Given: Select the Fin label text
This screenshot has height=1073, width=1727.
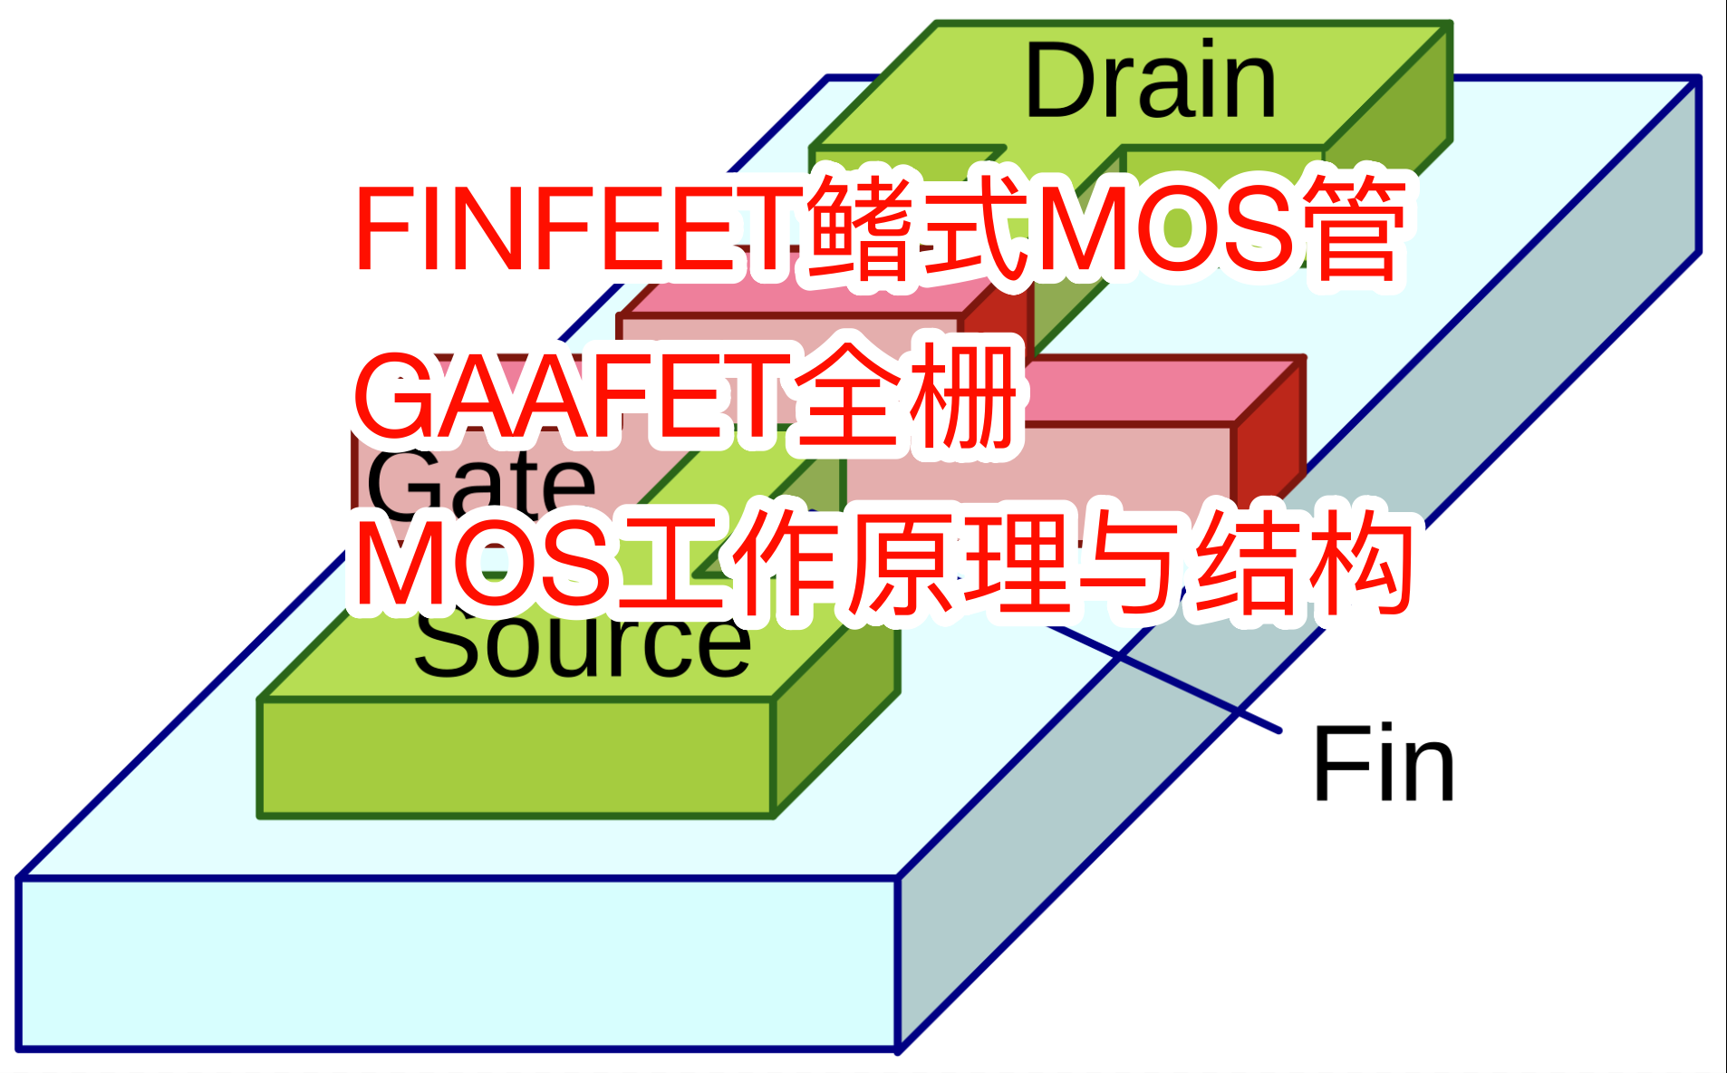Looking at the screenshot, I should [x=1383, y=765].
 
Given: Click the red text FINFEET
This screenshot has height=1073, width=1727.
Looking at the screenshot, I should [x=580, y=228].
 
